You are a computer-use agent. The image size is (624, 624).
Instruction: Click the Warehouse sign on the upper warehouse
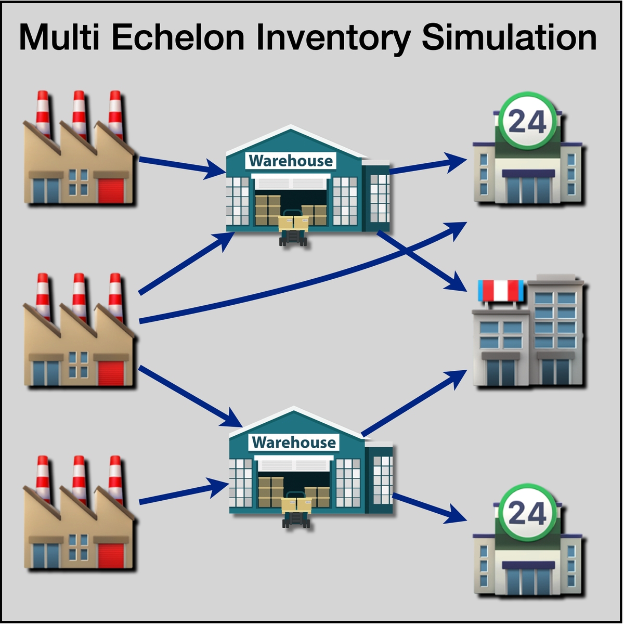(291, 161)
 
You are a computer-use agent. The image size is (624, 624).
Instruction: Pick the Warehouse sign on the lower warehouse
(294, 443)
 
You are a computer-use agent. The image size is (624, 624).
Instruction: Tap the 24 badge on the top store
(527, 122)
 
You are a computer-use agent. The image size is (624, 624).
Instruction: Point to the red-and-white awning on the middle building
(501, 291)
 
